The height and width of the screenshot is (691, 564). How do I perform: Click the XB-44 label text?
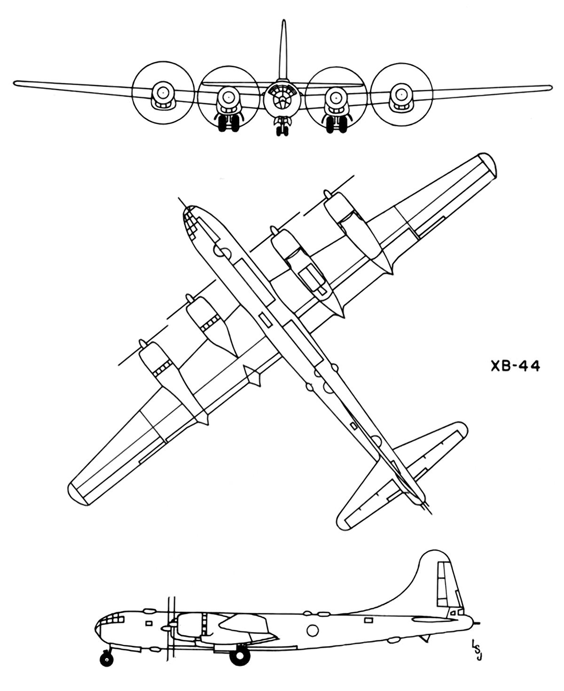pos(515,366)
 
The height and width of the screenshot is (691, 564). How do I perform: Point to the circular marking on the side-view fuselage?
pos(312,611)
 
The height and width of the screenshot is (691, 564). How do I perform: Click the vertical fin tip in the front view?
pos(283,22)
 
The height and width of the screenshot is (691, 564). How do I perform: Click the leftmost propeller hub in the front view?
pos(161,93)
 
